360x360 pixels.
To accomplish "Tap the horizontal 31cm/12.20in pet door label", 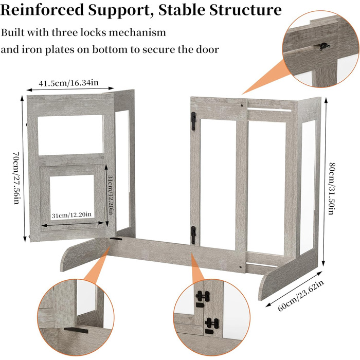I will [x=72, y=214].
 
